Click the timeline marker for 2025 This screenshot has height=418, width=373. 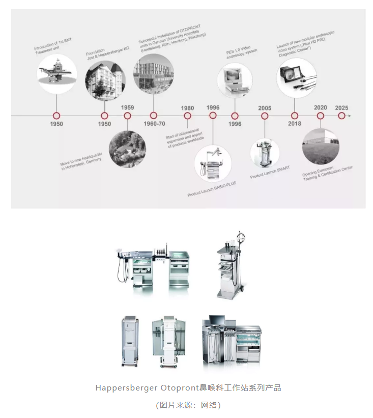[341, 116]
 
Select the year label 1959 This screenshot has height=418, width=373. [127, 107]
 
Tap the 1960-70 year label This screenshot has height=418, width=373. [154, 124]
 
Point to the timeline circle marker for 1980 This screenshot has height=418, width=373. [188, 116]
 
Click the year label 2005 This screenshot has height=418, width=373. [265, 108]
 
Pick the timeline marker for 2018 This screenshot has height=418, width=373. [295, 116]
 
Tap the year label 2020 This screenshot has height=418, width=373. [320, 107]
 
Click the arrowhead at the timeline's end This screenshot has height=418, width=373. [350, 116]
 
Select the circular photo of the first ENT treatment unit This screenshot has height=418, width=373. [57, 74]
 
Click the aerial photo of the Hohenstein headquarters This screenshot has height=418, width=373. [127, 149]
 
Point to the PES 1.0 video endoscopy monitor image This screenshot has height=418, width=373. [235, 80]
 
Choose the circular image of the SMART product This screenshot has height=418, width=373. [265, 153]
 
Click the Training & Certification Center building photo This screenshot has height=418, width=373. [321, 146]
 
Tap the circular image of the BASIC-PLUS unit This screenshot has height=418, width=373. [213, 163]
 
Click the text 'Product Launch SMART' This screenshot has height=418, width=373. [270, 173]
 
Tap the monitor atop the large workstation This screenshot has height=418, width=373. [217, 319]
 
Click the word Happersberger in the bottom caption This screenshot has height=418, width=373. [126, 388]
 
